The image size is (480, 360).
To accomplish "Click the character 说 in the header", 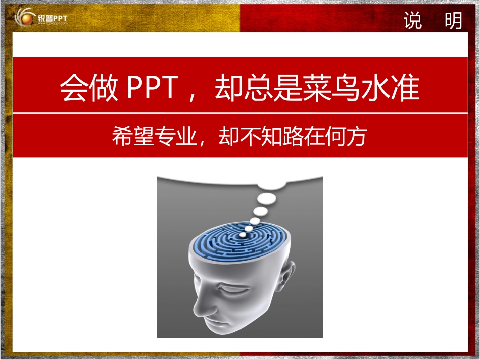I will pyautogui.click(x=413, y=21).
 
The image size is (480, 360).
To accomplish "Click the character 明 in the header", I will pyautogui.click(x=454, y=21).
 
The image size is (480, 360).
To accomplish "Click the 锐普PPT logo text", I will pyautogui.click(x=52, y=18).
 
